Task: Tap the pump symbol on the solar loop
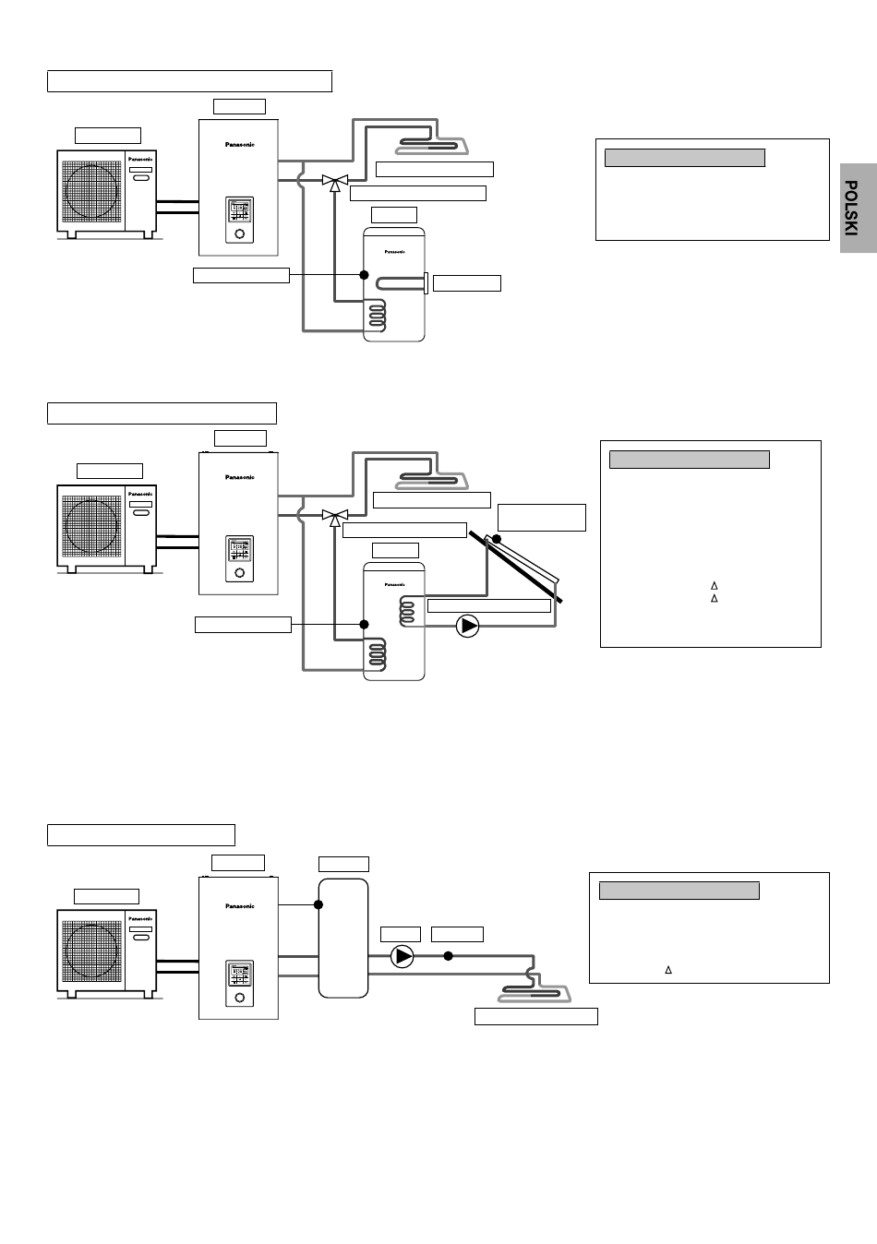[469, 626]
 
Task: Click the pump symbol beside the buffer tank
[402, 956]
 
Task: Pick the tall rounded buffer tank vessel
[342, 937]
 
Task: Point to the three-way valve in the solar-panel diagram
[331, 515]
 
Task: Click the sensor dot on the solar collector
[497, 538]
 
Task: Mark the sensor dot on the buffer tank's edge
[318, 904]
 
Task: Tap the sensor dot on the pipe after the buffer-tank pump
[448, 956]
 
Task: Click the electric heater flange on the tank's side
[425, 282]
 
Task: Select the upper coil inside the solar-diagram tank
[407, 610]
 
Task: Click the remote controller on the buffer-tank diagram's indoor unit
[239, 982]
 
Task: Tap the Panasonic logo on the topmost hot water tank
[394, 250]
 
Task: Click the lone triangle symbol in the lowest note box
[668, 970]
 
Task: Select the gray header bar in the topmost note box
[684, 158]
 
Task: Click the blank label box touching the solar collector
[541, 518]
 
